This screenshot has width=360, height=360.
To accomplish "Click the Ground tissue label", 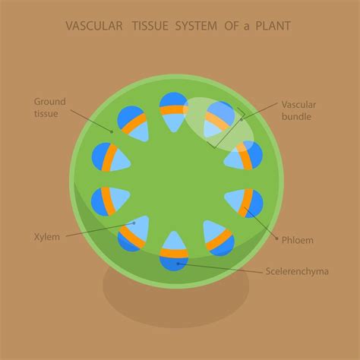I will tap(49, 107).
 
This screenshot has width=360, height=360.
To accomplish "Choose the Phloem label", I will tap(296, 240).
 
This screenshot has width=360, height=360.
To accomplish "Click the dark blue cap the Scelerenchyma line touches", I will tap(175, 263).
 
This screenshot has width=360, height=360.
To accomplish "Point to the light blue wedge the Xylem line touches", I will tap(135, 225).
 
